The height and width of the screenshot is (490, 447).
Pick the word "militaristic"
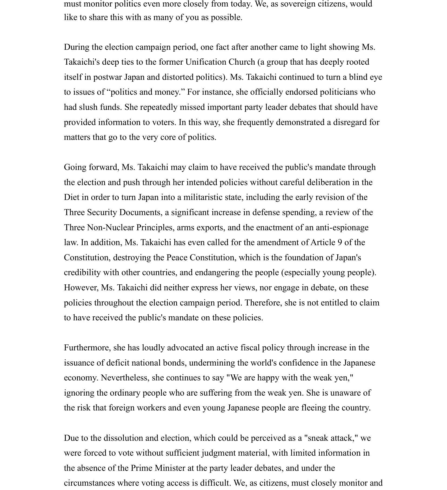click(203, 197)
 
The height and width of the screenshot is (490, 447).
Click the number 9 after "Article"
click(340, 242)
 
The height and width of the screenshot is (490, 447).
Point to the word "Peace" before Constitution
click(177, 257)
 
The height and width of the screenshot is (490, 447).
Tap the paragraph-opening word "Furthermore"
click(87, 348)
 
